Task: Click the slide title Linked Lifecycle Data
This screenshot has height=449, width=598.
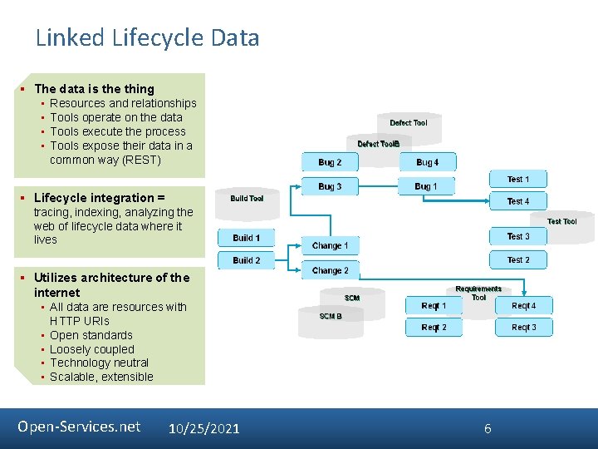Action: (x=147, y=38)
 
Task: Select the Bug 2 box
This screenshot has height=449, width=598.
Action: (x=330, y=162)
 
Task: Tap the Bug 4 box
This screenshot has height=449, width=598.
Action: (x=427, y=162)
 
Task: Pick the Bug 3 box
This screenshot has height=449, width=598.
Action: (x=330, y=186)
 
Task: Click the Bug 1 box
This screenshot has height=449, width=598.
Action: (x=425, y=186)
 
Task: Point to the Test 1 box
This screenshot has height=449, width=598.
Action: (x=518, y=179)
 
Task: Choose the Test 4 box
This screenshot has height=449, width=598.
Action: (x=518, y=201)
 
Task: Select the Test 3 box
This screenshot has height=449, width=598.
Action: (x=518, y=236)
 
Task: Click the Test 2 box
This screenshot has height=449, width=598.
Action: (x=518, y=260)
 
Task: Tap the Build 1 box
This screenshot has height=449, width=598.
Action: (x=246, y=238)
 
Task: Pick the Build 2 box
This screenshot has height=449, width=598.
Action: (x=246, y=260)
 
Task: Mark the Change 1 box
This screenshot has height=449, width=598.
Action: (x=330, y=246)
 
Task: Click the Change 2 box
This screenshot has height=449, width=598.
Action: (x=330, y=271)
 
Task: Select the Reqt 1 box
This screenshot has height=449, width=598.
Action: (x=434, y=306)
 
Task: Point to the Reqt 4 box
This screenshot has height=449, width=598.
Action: (x=523, y=306)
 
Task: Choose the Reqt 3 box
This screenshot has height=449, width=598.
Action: (x=523, y=328)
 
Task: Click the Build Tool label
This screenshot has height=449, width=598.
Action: (x=247, y=199)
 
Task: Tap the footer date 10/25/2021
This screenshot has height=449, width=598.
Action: (x=203, y=428)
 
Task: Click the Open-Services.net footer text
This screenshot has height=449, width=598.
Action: (x=79, y=427)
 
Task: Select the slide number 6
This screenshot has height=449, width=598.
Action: (x=488, y=428)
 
